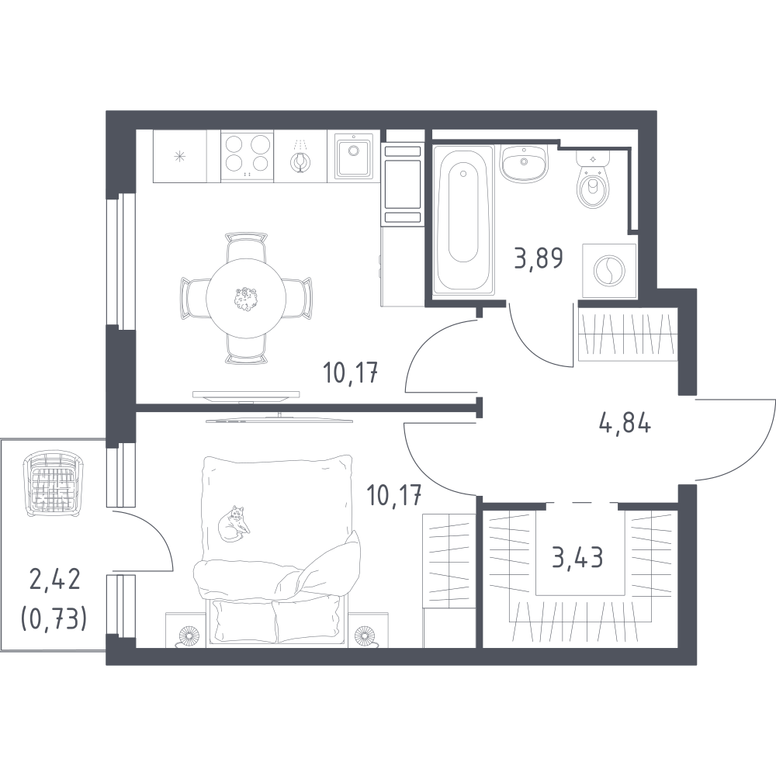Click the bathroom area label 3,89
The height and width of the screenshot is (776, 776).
coord(539,258)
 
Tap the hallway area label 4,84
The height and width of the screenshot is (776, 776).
coord(625,424)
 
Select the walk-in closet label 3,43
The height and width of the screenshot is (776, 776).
coord(577,558)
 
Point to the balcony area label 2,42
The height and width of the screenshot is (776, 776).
coord(55,579)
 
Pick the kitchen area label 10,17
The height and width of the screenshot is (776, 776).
coord(351,372)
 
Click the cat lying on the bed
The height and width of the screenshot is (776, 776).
coord(234,524)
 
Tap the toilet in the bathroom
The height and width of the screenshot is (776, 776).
coord(593,179)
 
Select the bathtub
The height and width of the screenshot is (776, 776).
coord(463,220)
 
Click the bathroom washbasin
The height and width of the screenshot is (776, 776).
coord(524,164)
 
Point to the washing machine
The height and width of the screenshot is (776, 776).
coord(609,271)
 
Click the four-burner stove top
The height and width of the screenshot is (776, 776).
coord(247,156)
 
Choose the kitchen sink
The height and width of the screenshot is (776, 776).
coord(353,154)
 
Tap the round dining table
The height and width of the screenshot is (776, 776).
coord(246,298)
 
